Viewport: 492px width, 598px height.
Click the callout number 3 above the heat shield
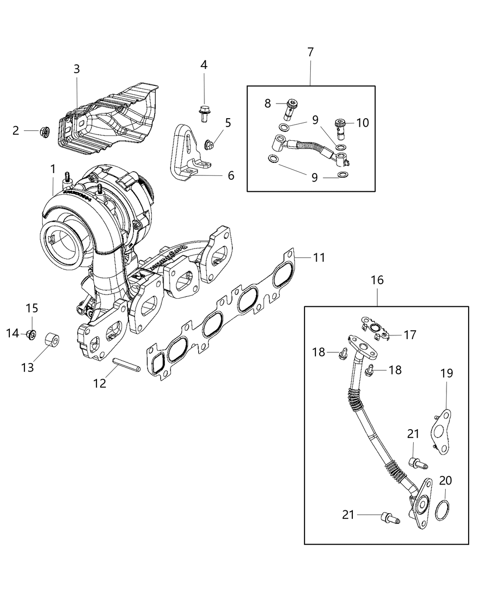[76, 69]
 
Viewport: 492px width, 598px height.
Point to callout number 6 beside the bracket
[231, 175]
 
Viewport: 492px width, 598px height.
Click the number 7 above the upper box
[311, 52]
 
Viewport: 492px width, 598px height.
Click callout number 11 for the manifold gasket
[319, 257]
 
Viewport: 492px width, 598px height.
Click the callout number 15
[32, 308]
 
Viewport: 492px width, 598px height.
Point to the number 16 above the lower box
[377, 280]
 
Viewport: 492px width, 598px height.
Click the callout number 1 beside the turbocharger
[53, 168]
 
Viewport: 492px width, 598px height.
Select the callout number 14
[12, 333]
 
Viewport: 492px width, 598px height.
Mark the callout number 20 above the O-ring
[446, 480]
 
